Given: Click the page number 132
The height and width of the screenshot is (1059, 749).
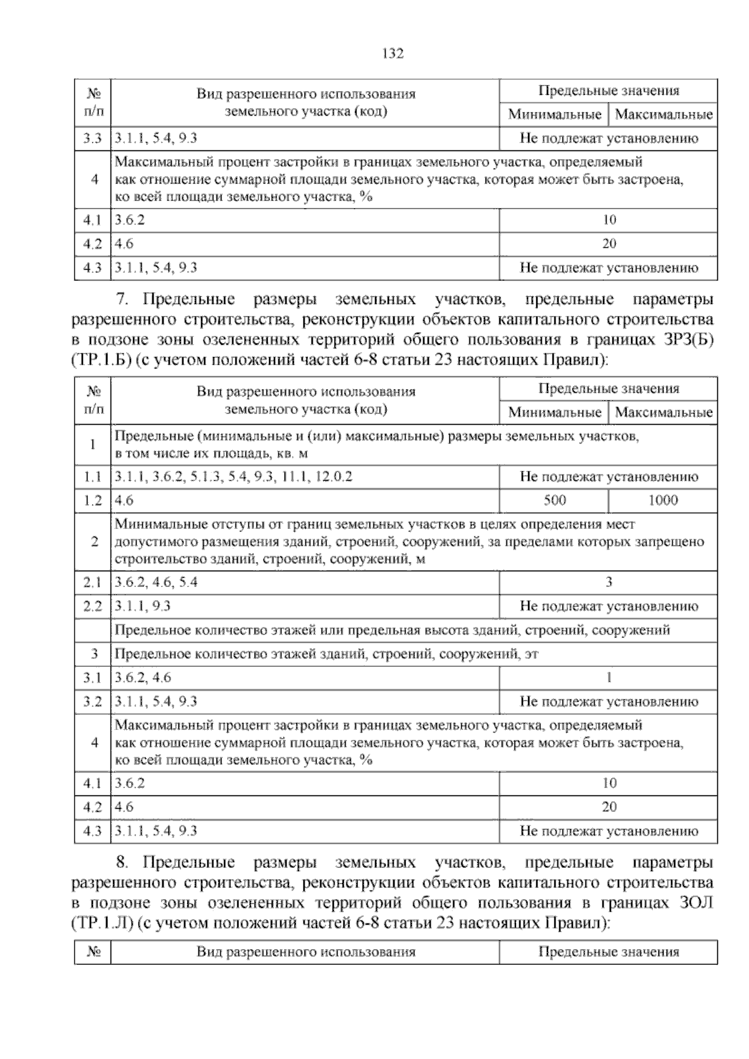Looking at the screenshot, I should coord(393,54).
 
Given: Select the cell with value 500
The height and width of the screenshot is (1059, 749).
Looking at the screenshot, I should coord(554,501).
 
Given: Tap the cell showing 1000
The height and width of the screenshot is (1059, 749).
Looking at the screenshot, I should coord(663,501).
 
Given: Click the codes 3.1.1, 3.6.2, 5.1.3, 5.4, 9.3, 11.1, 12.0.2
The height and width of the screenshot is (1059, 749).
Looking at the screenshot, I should coord(233,477).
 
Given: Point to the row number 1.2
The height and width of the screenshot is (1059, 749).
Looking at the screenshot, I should coord(93,501).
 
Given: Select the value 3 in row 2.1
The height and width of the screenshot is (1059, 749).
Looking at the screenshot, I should coord(609,583).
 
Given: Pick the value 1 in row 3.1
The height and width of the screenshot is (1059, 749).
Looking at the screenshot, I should coord(609,677).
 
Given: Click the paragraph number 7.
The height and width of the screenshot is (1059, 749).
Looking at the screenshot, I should coord(122,300).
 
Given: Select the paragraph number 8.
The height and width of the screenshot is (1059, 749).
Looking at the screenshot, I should coord(122,863).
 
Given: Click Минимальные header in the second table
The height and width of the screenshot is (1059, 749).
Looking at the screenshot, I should coord(554,412).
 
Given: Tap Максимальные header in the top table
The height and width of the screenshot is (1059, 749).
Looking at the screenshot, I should coord(663,115).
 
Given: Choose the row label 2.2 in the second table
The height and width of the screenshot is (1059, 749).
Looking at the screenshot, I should coord(93,606).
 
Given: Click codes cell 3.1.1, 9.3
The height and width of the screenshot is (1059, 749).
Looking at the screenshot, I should coord(143,606).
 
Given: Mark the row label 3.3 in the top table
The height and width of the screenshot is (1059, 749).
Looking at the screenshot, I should coord(93,139).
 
